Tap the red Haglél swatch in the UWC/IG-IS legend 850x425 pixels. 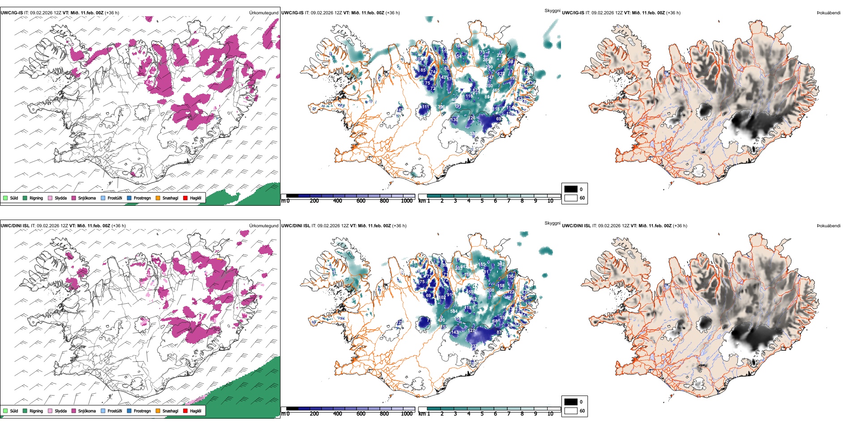[185, 198]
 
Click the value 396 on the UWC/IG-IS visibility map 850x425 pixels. [441, 107]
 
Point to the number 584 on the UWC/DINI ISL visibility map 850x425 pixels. [454, 311]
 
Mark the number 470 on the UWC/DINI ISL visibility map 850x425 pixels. [441, 320]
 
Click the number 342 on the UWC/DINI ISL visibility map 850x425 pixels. [501, 264]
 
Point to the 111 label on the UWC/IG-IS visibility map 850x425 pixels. [425, 107]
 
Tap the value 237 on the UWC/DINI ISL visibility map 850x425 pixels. [474, 346]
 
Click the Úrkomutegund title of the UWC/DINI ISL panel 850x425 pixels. [263, 225]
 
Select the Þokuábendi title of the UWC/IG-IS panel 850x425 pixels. [829, 13]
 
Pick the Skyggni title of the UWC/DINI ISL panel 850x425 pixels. [552, 223]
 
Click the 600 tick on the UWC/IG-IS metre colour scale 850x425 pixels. [361, 201]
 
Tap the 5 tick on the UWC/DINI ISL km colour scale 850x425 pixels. [482, 414]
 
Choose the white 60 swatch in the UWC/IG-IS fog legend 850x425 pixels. [571, 198]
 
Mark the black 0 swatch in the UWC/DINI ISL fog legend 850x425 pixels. [571, 402]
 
